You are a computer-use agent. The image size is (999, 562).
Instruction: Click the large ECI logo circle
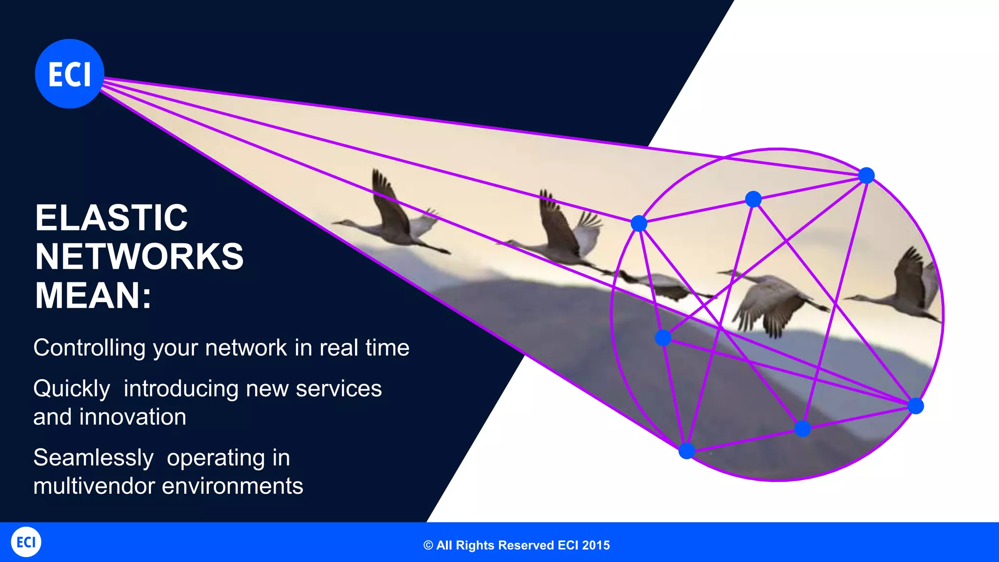[70, 74]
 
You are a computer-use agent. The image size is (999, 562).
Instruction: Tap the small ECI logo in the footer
[26, 542]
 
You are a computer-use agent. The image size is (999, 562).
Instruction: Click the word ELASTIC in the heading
[111, 218]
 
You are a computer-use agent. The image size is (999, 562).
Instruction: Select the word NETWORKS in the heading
[139, 257]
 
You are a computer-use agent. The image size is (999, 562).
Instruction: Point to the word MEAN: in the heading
[93, 296]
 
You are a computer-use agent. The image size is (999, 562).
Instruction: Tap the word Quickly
[72, 389]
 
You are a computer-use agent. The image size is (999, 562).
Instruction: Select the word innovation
[133, 417]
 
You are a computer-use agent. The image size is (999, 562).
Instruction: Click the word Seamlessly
[93, 458]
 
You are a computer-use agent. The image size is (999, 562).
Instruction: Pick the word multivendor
[94, 486]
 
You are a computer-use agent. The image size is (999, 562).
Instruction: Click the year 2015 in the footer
[596, 545]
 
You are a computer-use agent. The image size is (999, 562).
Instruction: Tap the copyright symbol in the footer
[428, 545]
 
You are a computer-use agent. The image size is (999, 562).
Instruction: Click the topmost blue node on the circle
[866, 175]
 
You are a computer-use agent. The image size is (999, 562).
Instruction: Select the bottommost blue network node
[686, 451]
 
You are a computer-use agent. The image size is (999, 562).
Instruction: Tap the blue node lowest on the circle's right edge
[916, 406]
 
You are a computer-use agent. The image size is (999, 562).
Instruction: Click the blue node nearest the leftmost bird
[639, 223]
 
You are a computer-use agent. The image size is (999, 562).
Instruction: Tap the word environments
[233, 486]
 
